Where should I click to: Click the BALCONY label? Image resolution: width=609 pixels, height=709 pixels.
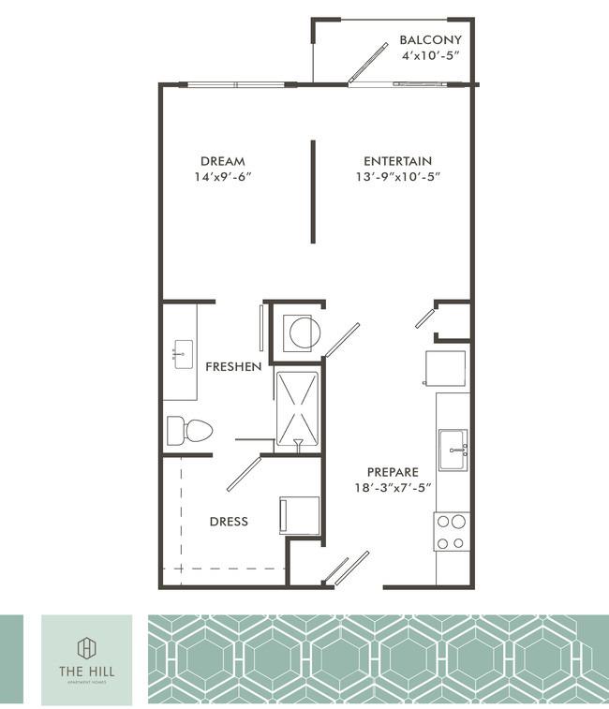(x=430, y=40)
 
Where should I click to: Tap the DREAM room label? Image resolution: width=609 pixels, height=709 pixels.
(x=222, y=161)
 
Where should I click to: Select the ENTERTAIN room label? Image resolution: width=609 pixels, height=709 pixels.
(x=397, y=161)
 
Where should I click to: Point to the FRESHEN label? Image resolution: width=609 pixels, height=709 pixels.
(x=233, y=366)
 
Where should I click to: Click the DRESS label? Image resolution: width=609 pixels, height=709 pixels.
(x=229, y=521)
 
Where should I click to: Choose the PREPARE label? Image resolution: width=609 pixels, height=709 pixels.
(x=393, y=472)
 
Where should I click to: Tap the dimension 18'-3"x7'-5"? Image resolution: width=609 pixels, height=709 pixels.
(x=393, y=488)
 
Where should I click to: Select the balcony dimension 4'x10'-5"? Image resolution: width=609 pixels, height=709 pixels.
(x=430, y=56)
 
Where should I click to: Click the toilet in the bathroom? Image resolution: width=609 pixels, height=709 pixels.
(x=189, y=431)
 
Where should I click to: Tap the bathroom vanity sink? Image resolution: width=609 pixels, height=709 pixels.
(x=182, y=354)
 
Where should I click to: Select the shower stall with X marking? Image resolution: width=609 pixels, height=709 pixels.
(x=298, y=408)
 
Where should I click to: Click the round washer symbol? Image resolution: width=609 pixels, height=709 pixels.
(x=304, y=332)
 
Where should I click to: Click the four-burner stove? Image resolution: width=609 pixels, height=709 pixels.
(x=453, y=532)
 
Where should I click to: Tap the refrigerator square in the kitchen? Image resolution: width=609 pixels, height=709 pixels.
(x=446, y=367)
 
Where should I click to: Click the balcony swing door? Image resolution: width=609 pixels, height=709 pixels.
(x=367, y=63)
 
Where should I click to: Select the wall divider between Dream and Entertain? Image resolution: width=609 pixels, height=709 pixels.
(x=313, y=192)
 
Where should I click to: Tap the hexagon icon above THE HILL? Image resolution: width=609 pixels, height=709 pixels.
(x=86, y=646)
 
